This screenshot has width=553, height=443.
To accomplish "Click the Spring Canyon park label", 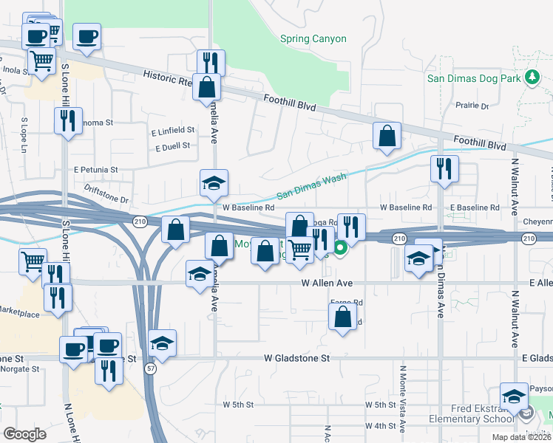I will [313, 38].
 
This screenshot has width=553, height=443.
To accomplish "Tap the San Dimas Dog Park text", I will [475, 78].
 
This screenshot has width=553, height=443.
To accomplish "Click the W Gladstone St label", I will [297, 358].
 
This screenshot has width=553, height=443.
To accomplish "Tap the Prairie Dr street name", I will [473, 106].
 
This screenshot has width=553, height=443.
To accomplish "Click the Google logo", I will [24, 434].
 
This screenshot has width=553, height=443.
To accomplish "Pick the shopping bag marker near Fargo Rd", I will [342, 317].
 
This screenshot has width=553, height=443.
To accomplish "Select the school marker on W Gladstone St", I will [163, 343].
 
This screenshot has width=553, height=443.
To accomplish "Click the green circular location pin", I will [340, 249].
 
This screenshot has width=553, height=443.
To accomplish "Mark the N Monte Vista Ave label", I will [403, 399].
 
